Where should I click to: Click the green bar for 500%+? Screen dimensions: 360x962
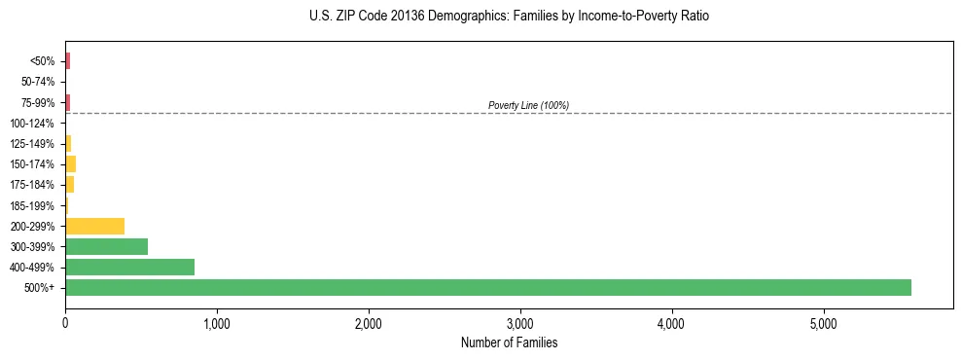pos(487,287)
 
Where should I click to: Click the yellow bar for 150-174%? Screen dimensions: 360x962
pos(70,163)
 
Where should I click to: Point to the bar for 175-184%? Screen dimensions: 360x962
pos(69,184)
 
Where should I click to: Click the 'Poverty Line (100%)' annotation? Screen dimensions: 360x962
pos(528,105)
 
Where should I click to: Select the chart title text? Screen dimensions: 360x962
pos(502,17)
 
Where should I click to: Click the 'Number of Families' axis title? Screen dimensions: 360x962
pos(509,343)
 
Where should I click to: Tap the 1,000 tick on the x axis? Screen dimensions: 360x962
pos(217,323)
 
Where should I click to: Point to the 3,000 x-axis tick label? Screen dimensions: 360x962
pos(520,323)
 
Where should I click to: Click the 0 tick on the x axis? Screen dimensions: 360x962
pos(65,323)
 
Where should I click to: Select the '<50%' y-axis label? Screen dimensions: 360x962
pos(42,61)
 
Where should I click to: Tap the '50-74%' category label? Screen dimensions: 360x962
pos(38,82)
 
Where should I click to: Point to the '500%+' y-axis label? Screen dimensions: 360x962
pos(40,288)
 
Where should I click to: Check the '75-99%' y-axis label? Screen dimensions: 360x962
pos(38,102)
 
